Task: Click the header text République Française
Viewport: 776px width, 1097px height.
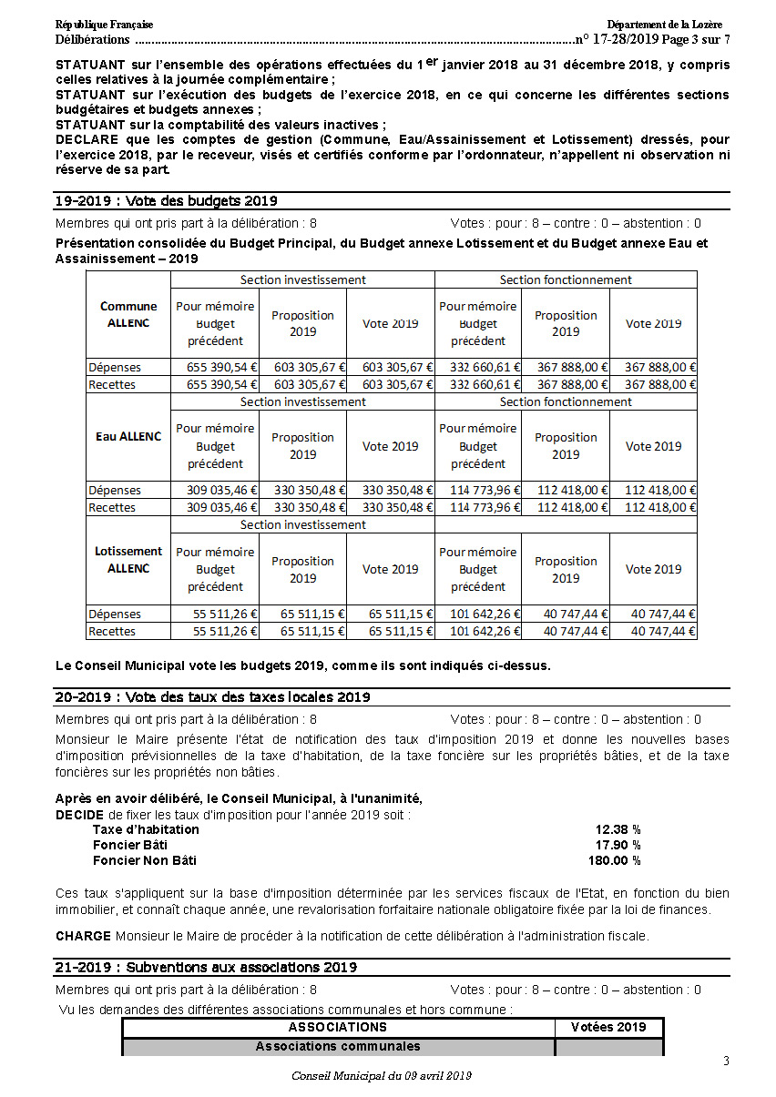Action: pos(104,25)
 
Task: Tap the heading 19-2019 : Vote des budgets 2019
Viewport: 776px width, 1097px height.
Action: pos(166,201)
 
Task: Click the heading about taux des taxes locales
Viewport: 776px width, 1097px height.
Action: pos(212,697)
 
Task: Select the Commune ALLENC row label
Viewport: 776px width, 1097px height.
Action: pos(128,315)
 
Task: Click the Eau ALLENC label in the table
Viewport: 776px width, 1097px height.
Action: pos(128,437)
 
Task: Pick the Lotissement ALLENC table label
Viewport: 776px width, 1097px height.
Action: pos(128,560)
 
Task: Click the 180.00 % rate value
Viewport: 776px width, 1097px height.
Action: pos(614,860)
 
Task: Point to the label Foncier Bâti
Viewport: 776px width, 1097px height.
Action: pos(130,845)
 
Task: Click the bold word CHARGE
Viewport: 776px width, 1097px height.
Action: pos(83,936)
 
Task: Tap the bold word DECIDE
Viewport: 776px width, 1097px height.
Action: pos(79,815)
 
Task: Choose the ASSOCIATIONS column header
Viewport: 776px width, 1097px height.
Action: pos(338,1028)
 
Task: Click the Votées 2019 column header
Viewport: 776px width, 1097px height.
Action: pos(608,1028)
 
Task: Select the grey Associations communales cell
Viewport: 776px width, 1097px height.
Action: pos(338,1047)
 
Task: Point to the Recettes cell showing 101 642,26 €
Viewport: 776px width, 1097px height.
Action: pos(478,631)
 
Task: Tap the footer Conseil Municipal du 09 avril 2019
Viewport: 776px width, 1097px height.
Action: pos(382,1076)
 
